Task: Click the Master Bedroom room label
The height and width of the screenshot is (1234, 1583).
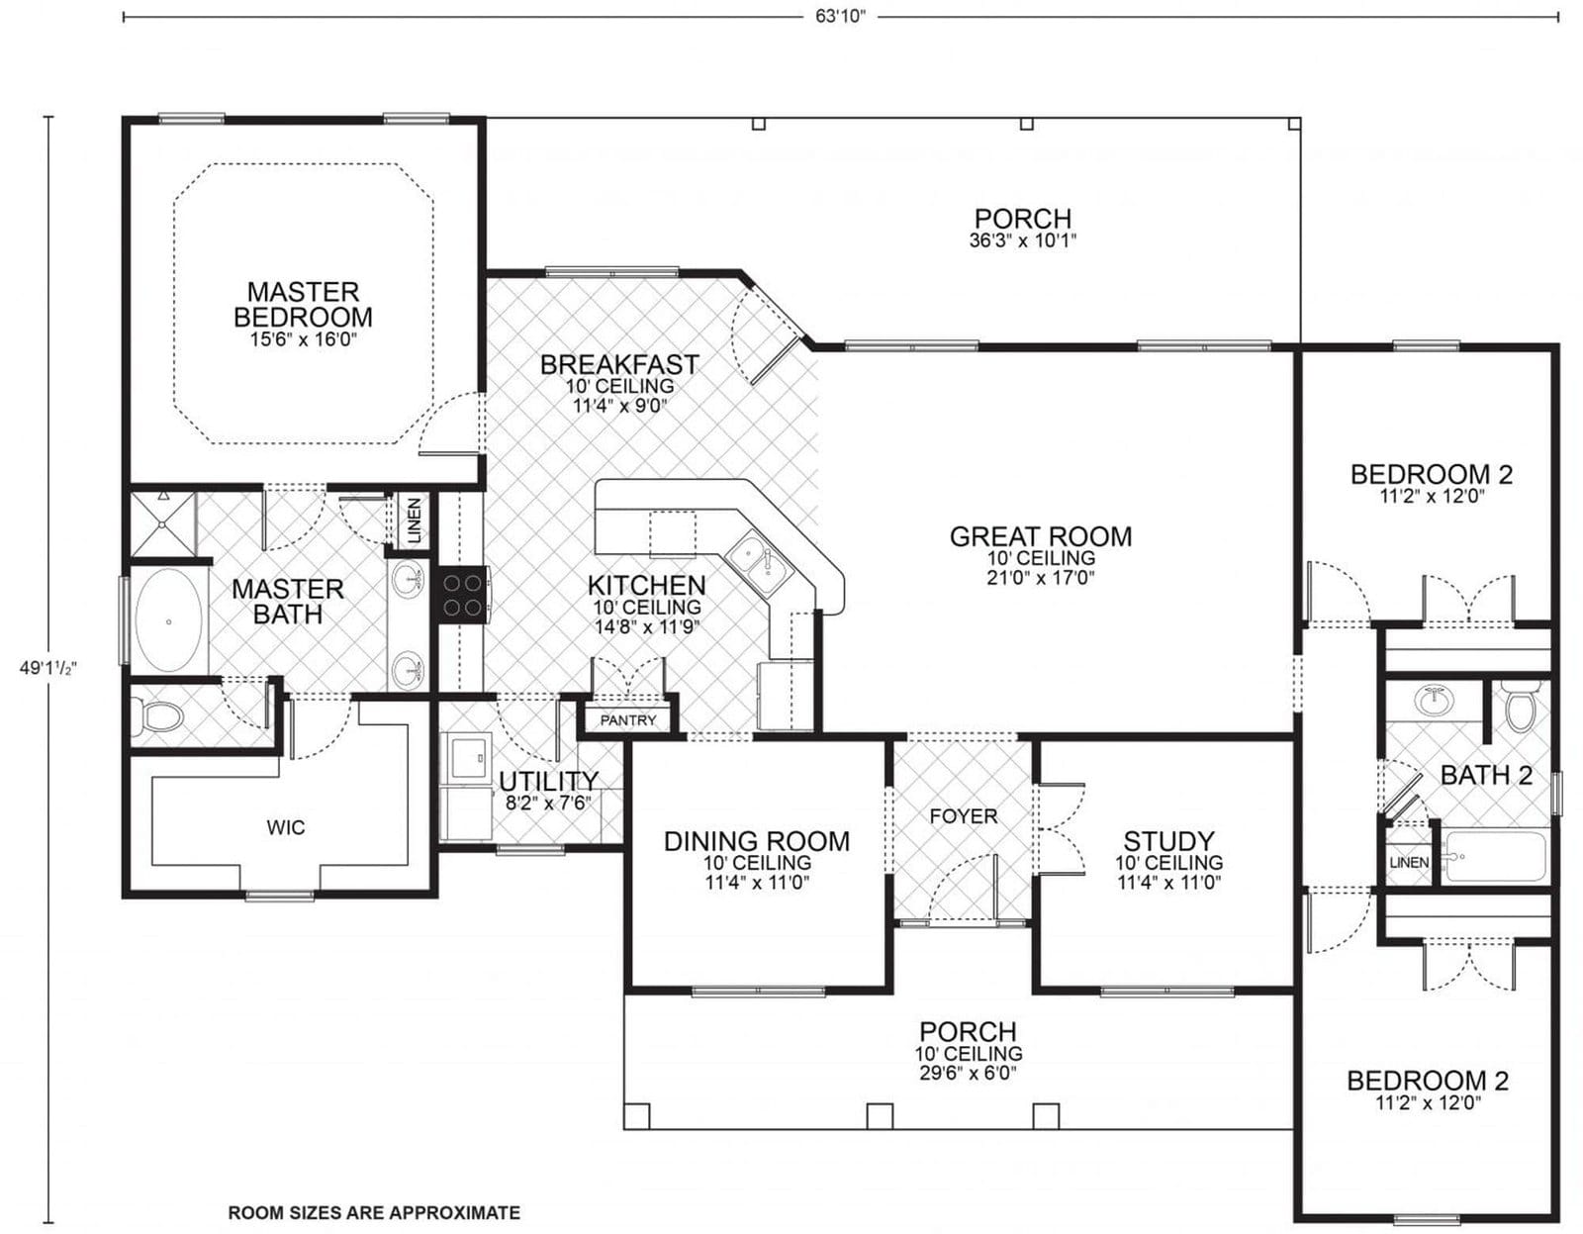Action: coord(303,304)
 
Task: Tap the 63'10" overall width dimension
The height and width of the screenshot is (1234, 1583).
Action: coord(840,17)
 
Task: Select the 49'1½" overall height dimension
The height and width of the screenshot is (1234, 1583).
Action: coord(47,668)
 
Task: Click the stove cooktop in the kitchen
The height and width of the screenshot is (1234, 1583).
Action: coord(462,594)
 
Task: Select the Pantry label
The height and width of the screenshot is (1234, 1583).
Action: coord(628,720)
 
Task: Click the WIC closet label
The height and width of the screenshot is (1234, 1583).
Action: coord(285,826)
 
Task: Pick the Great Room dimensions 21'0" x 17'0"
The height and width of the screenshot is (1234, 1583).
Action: coord(1040,578)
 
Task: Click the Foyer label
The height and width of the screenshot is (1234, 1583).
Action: coord(963,816)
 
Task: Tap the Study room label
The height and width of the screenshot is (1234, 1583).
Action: coord(1168,841)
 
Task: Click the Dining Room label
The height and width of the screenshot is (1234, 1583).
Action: coord(756,841)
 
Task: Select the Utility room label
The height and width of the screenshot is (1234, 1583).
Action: coord(548,781)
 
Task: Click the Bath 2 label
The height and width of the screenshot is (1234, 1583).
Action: coord(1485,775)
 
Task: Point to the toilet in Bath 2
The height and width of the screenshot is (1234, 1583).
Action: coord(1518,708)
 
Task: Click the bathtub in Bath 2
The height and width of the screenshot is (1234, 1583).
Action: coord(1494,856)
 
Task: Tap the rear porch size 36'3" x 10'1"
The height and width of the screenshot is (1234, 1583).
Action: coord(1022,240)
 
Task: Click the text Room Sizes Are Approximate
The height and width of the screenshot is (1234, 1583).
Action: coord(374,1212)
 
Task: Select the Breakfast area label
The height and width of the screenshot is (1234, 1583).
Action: coord(619,365)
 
